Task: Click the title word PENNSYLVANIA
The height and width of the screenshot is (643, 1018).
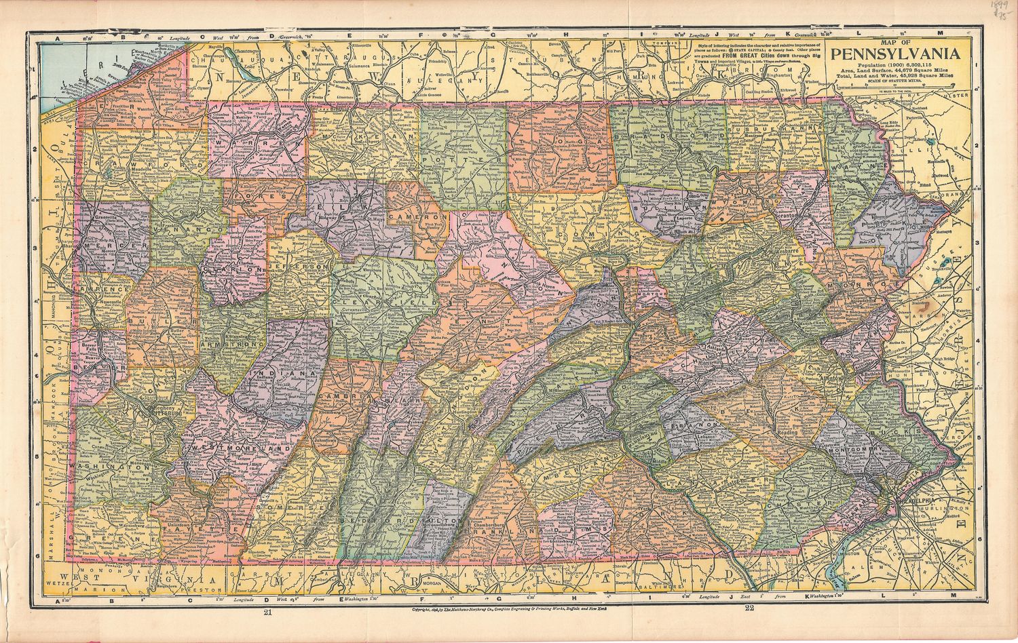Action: (897, 54)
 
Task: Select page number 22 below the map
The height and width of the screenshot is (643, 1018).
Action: (749, 608)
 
